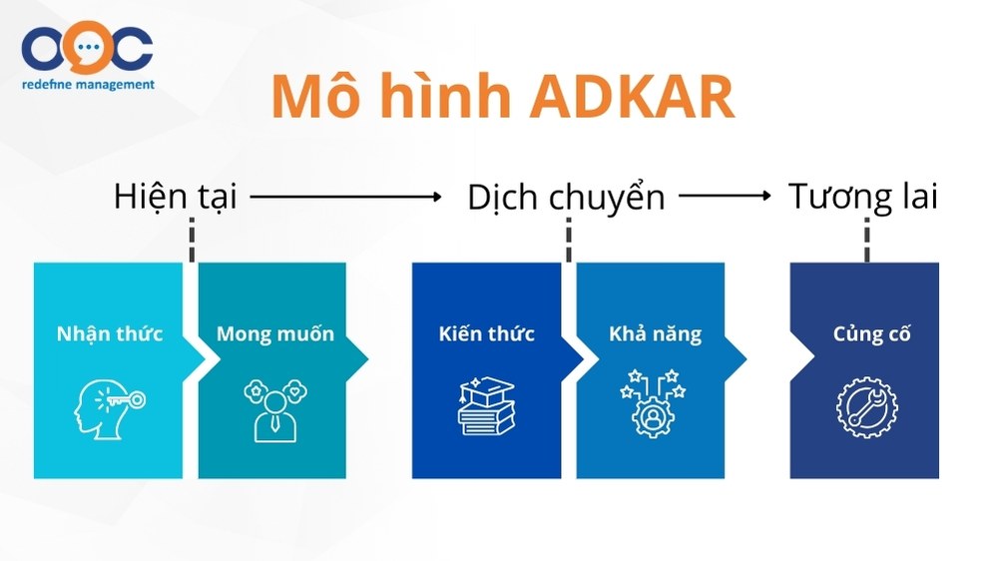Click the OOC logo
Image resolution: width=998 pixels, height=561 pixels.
(87, 48)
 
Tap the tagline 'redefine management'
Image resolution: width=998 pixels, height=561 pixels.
(88, 84)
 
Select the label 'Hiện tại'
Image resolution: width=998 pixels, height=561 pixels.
(175, 196)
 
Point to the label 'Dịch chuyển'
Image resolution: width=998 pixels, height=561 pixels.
(566, 198)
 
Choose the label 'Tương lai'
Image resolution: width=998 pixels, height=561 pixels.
(862, 196)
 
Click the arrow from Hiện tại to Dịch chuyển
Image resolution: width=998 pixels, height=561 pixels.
(345, 197)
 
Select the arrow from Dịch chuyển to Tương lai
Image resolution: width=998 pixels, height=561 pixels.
(725, 196)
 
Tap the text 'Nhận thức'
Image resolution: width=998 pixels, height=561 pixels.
(110, 334)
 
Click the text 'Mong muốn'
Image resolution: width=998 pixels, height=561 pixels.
(275, 334)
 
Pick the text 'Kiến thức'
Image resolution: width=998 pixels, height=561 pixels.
(486, 333)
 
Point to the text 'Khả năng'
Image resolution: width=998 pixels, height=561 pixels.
(655, 334)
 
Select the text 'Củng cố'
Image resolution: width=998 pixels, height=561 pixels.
(871, 334)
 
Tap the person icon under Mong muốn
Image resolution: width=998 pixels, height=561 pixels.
(275, 410)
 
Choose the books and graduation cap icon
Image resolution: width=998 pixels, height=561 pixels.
(487, 406)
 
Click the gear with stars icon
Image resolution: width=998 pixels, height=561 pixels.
(653, 403)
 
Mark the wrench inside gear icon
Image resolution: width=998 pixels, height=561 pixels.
(866, 408)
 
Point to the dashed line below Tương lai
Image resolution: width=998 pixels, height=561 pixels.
(866, 240)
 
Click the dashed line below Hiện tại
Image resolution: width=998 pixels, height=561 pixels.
(192, 240)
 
